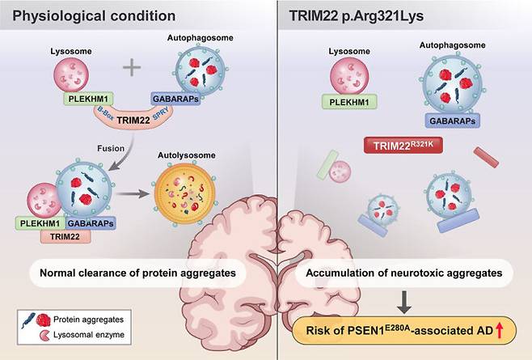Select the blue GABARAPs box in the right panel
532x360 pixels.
[x=449, y=119]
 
